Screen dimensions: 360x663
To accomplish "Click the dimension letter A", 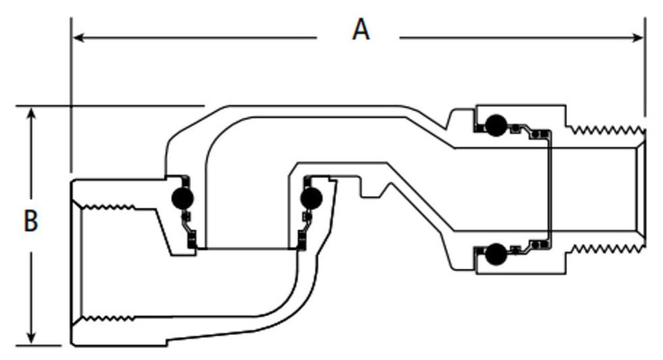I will coord(361,30).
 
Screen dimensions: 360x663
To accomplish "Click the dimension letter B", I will coord(30,221).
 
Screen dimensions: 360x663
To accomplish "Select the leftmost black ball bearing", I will coord(182,197).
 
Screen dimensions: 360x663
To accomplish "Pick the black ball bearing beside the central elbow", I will coord(311,198).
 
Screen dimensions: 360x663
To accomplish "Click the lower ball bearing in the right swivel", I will coord(496,254).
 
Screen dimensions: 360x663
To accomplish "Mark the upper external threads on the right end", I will coord(604,128).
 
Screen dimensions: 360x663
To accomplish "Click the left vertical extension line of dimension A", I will coord(71,95).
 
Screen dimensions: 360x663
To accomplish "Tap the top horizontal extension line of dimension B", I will coord(108,106).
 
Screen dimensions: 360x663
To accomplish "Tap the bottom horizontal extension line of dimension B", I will coord(41,345).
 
